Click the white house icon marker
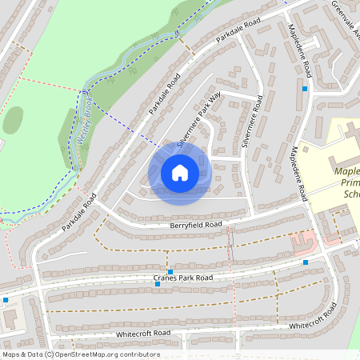[180, 172]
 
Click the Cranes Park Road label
[183, 278]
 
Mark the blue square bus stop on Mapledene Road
[305, 89]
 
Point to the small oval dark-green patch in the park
[13, 120]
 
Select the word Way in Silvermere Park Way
[214, 99]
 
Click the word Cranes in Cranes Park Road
[166, 278]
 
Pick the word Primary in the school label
[347, 182]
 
